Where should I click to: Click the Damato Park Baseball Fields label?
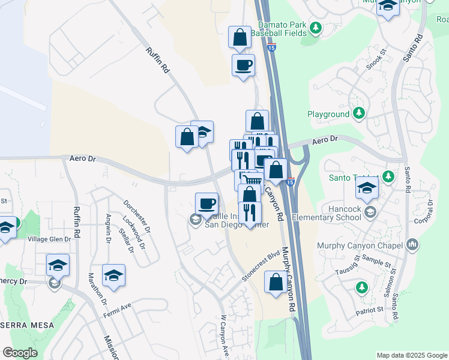pos(282,30)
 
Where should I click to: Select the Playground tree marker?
pos(359,113)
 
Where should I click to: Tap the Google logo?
pos(20,353)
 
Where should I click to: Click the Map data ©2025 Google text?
pos(411,355)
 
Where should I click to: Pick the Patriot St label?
pos(369,310)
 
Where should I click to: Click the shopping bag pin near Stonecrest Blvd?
pos(276,283)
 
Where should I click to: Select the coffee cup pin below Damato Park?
pos(243,65)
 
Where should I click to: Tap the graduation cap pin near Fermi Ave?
pos(113,275)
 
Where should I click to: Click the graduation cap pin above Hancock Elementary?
pos(367,189)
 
